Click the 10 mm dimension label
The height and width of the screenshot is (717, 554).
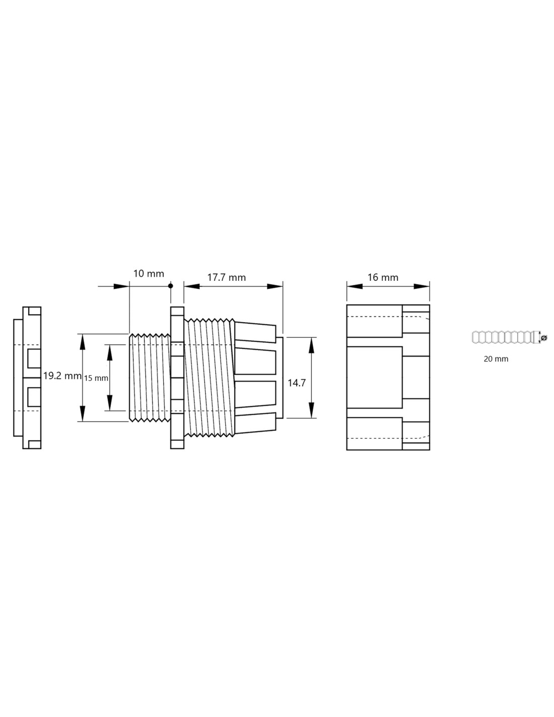(149, 274)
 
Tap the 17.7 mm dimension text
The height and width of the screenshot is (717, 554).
(227, 277)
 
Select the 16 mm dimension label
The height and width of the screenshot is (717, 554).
(383, 277)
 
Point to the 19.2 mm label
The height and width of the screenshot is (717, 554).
(62, 376)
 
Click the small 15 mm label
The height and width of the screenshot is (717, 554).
(96, 379)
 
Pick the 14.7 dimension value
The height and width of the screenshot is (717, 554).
(297, 383)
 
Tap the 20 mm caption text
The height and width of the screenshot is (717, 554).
(496, 359)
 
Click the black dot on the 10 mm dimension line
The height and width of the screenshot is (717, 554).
(170, 286)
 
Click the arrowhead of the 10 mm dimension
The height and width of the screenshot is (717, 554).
(121, 286)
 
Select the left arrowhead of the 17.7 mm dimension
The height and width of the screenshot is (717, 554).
(192, 286)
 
